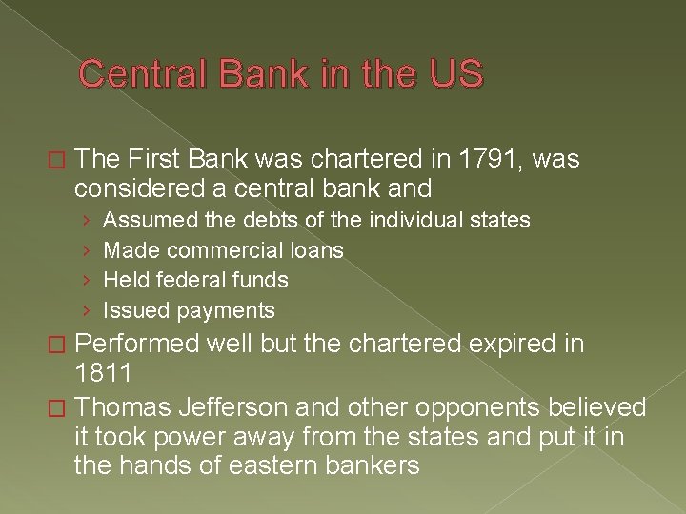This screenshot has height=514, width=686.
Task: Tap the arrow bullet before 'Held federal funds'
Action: pyautogui.click(x=87, y=281)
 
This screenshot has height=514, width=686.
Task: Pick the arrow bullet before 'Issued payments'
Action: pyautogui.click(x=87, y=311)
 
